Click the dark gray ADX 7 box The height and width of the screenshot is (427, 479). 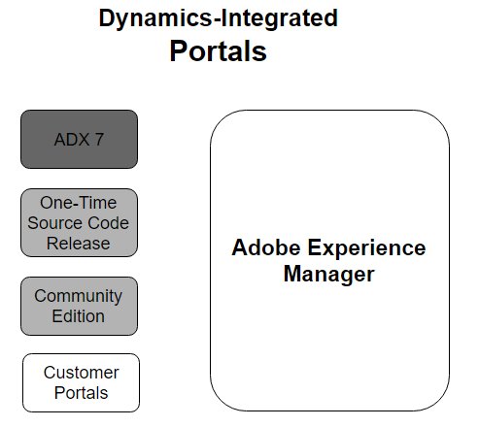click(x=79, y=139)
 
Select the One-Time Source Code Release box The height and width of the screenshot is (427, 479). click(x=79, y=223)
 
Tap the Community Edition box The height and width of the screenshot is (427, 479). click(x=79, y=306)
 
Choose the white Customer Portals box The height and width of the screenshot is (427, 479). click(x=81, y=382)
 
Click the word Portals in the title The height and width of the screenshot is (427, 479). click(x=219, y=51)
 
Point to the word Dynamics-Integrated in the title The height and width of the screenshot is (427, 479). click(x=219, y=18)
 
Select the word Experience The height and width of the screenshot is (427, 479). click(x=366, y=249)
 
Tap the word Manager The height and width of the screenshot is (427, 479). click(x=329, y=275)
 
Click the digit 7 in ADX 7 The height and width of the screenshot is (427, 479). click(x=99, y=140)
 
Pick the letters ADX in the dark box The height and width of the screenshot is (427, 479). click(x=72, y=140)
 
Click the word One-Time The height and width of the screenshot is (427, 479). click(x=79, y=203)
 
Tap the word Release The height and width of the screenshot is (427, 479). click(x=79, y=244)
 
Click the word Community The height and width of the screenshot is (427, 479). click(x=79, y=297)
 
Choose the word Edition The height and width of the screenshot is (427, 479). click(x=79, y=316)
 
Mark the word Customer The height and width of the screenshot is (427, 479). click(x=82, y=373)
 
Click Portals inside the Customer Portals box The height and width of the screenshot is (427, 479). click(x=82, y=393)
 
